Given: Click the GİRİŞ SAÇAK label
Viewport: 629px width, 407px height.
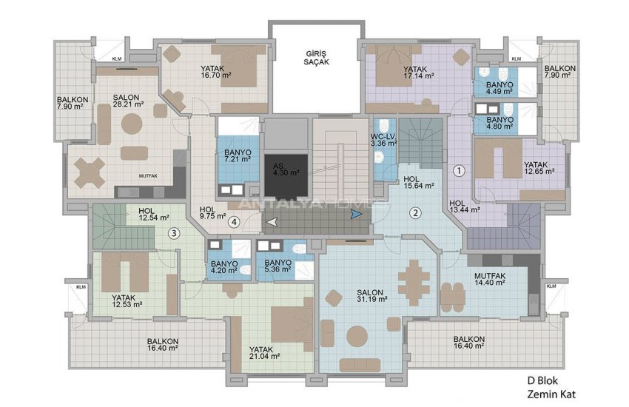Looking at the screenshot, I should (316, 58).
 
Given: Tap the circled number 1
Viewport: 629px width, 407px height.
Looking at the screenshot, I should (459, 170).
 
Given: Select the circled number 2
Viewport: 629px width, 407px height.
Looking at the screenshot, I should (416, 214).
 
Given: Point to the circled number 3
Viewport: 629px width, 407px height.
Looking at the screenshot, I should (173, 235).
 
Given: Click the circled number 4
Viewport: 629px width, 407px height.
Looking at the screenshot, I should (233, 221).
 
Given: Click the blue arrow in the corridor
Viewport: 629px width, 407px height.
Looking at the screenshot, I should (357, 215).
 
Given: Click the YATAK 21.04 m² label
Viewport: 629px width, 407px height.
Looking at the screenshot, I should (264, 351).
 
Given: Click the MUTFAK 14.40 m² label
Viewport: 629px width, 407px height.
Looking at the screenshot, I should (489, 279).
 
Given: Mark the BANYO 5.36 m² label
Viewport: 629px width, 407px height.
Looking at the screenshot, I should (278, 266).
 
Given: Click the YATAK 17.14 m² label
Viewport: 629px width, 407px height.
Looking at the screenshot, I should (418, 71).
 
